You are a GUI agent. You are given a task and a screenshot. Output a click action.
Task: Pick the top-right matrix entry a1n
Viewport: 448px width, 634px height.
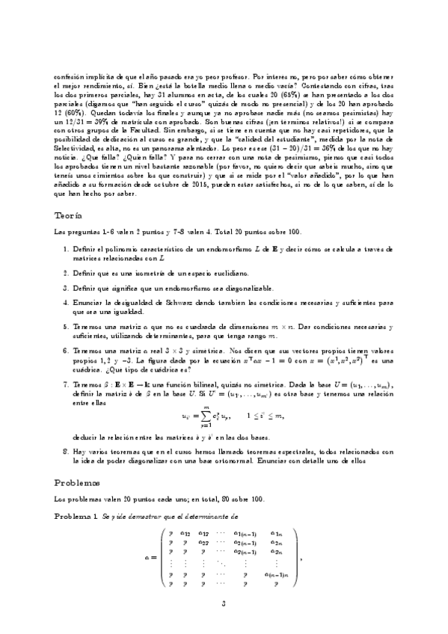click(x=278, y=532)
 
